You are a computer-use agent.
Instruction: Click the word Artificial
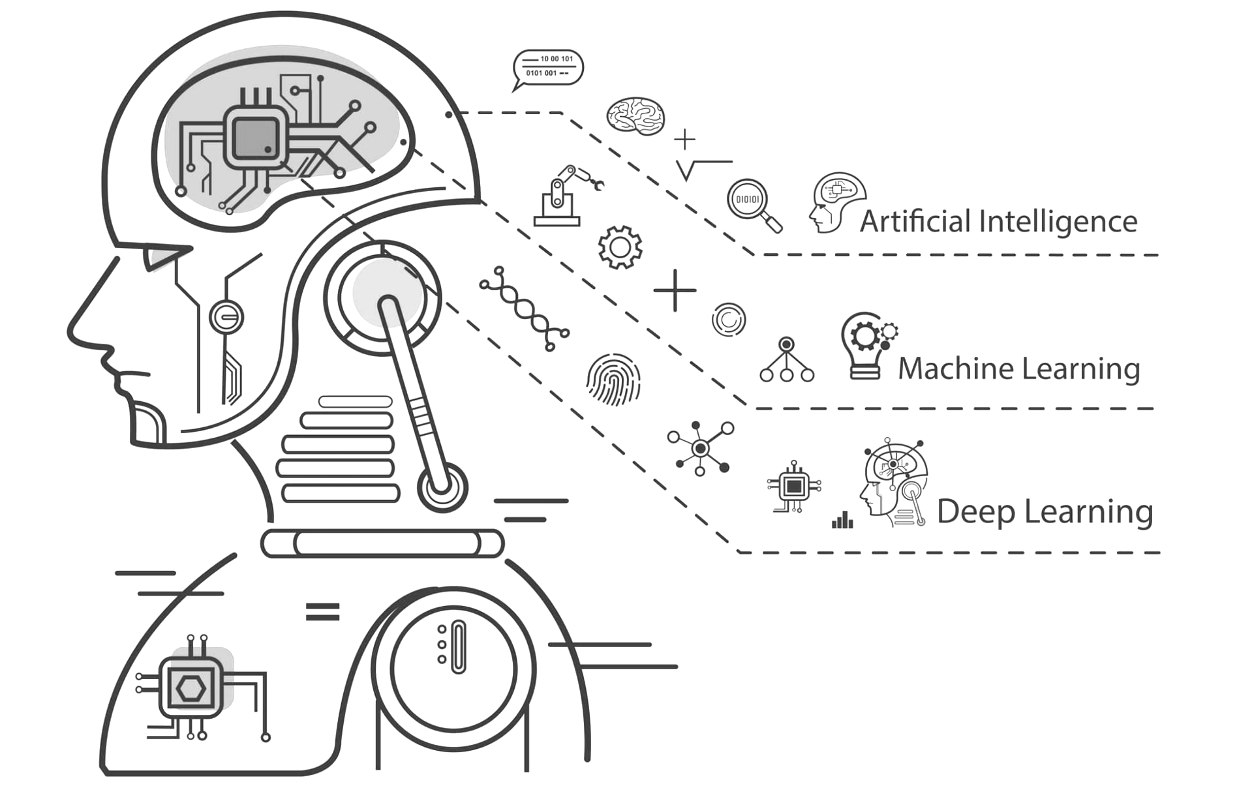tap(915, 221)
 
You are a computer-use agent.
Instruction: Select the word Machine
tap(954, 369)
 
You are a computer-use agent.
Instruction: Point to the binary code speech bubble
tap(548, 67)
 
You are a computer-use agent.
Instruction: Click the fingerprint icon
tap(613, 379)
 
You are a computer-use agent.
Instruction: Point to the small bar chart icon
tap(842, 520)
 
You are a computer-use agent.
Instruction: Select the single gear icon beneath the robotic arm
tap(620, 247)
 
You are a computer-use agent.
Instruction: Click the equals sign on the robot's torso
tap(322, 611)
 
